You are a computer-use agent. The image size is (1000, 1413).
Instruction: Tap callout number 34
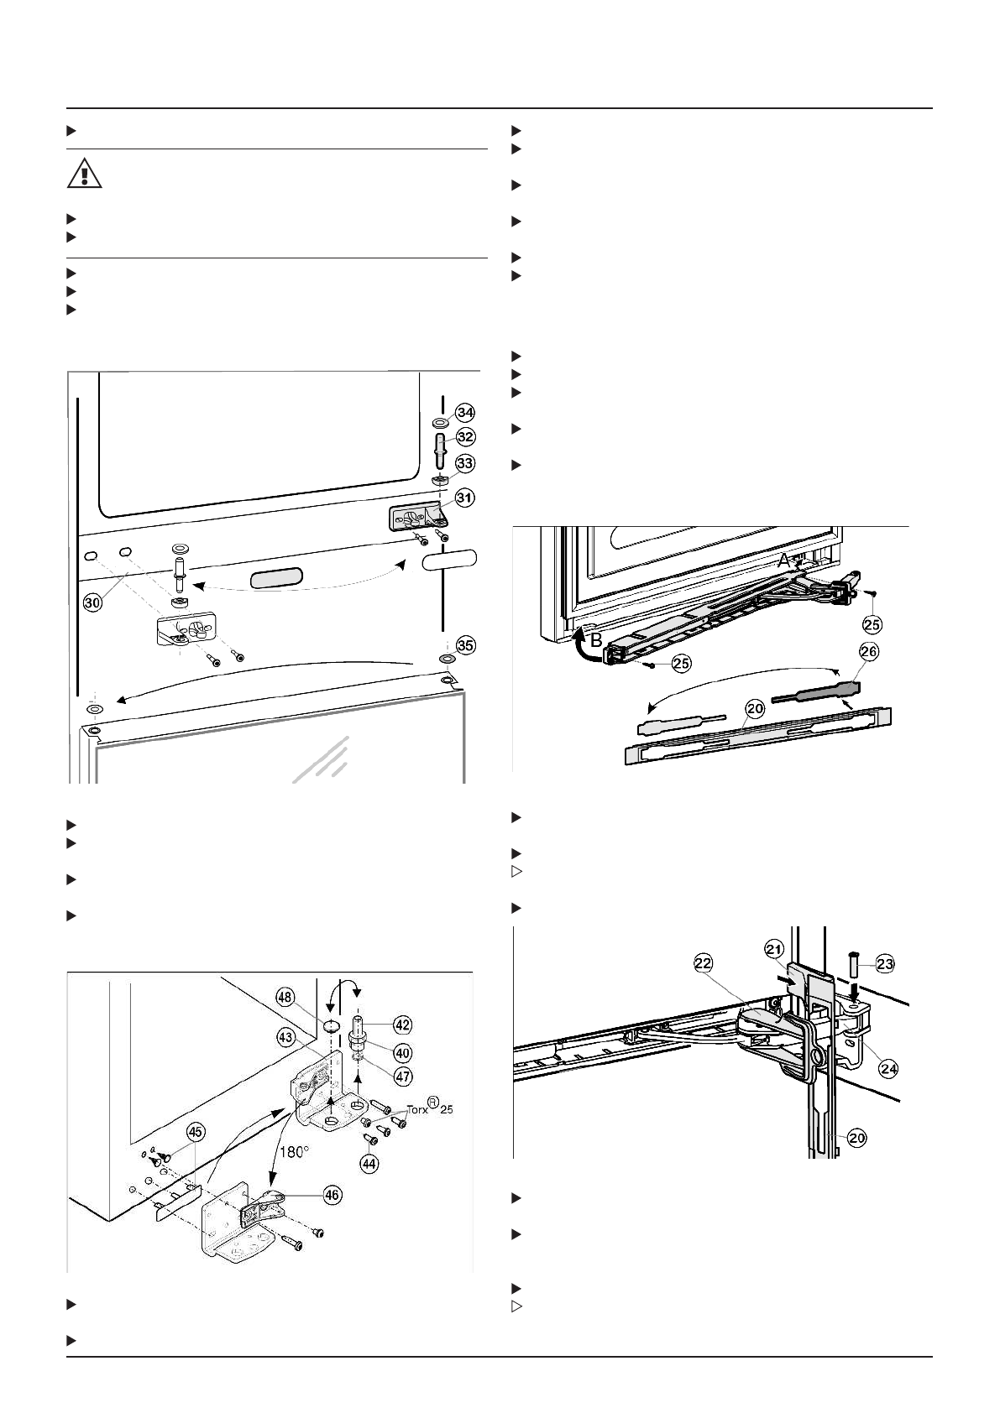[465, 412]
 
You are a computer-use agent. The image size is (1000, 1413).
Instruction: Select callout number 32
[465, 436]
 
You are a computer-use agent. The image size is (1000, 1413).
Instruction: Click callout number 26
[869, 651]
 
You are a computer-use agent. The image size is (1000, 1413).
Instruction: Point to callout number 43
[288, 1038]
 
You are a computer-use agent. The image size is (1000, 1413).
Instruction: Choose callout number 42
[403, 1025]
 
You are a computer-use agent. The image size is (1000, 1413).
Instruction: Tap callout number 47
[404, 1077]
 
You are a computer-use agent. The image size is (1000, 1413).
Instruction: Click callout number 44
[369, 1163]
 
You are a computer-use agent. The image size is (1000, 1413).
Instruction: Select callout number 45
[195, 1132]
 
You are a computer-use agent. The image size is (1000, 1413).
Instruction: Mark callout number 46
[333, 1196]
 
